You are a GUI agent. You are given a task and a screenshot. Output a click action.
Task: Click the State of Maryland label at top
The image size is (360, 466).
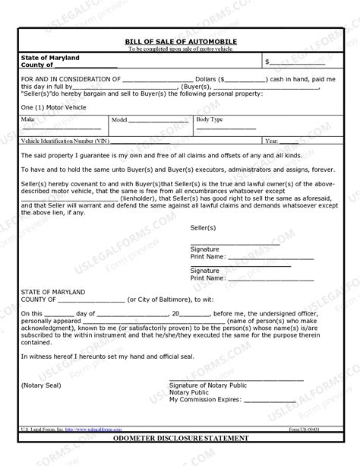click(x=50, y=58)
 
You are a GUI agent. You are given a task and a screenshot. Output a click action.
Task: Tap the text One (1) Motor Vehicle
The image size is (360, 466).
click(x=54, y=108)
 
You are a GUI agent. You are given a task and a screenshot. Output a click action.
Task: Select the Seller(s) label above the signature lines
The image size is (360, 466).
click(x=203, y=227)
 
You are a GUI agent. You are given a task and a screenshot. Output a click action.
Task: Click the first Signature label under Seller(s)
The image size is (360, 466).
click(x=204, y=249)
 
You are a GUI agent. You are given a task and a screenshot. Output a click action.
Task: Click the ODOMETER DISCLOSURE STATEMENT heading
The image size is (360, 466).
click(x=180, y=439)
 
